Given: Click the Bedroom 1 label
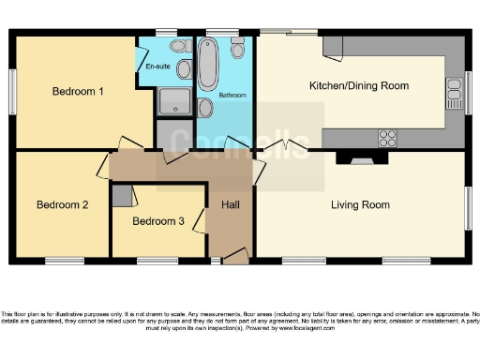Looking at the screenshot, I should pyautogui.click(x=77, y=91).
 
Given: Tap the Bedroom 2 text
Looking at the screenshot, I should pyautogui.click(x=62, y=204).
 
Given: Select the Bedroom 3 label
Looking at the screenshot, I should pyautogui.click(x=157, y=221).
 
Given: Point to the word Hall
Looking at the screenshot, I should pyautogui.click(x=230, y=204).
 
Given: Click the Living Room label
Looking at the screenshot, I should pyautogui.click(x=360, y=204).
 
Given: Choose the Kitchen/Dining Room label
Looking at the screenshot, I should pyautogui.click(x=359, y=85).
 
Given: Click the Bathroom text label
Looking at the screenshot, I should pyautogui.click(x=232, y=96).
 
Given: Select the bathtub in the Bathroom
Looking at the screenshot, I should pyautogui.click(x=208, y=63).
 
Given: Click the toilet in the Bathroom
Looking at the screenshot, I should pyautogui.click(x=238, y=49).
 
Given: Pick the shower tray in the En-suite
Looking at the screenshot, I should pyautogui.click(x=173, y=101).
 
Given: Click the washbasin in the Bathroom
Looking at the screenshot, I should pyautogui.click(x=205, y=109).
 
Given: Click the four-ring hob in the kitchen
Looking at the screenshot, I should pyautogui.click(x=387, y=138).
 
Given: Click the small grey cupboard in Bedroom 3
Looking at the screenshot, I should pyautogui.click(x=120, y=195).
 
